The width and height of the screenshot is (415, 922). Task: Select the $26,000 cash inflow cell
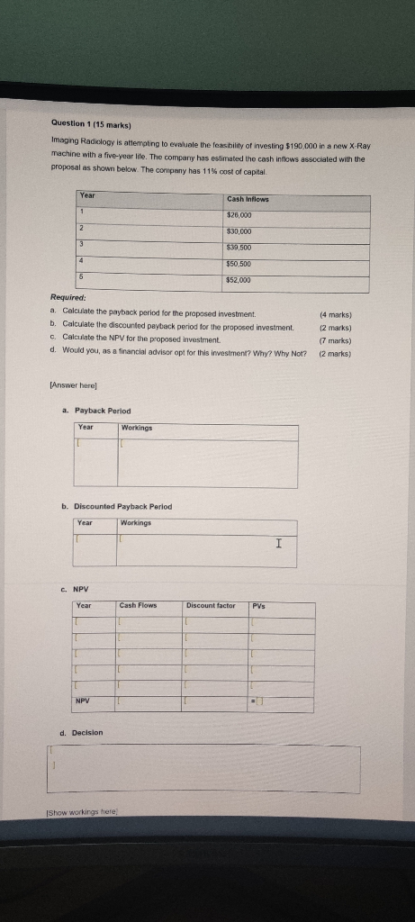(239, 215)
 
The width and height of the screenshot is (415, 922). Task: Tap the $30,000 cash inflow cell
(239, 231)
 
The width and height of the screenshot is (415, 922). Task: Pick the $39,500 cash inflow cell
(239, 248)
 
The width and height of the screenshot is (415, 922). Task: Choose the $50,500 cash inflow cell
(239, 264)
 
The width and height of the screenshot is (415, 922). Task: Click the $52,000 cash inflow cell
(239, 280)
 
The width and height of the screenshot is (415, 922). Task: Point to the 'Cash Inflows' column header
(248, 199)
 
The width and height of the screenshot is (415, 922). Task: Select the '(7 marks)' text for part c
(335, 340)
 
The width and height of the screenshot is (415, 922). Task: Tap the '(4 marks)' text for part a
(335, 315)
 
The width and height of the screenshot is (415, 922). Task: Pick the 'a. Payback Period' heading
(96, 411)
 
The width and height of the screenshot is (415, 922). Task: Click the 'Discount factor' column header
(212, 605)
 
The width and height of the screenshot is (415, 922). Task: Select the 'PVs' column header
(259, 605)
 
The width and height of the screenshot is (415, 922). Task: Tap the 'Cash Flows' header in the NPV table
(138, 605)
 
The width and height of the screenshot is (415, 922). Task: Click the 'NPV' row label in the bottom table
(83, 700)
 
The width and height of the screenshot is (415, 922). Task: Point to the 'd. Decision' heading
(82, 733)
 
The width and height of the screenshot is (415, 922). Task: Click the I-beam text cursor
(279, 543)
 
